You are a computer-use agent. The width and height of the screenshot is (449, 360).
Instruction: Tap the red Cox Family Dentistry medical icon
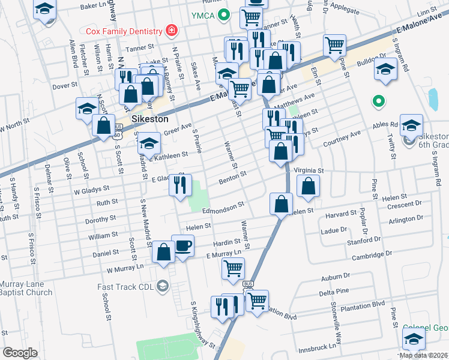[x=172, y=31]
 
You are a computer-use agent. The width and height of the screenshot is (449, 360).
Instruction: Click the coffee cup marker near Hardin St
[x=182, y=245]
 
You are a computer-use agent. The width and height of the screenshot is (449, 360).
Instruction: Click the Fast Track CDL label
[x=124, y=287]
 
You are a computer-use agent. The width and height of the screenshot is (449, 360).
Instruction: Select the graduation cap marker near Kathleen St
[x=149, y=144]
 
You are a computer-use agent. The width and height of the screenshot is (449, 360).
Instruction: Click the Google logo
[x=20, y=353]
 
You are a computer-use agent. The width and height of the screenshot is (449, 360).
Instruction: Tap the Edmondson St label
[x=223, y=205]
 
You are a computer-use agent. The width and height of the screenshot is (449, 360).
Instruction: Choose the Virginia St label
[x=309, y=170]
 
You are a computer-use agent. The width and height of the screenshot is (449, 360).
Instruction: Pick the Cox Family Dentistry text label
[x=124, y=31]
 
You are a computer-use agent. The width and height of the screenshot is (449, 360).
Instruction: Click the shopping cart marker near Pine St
[x=334, y=44]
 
